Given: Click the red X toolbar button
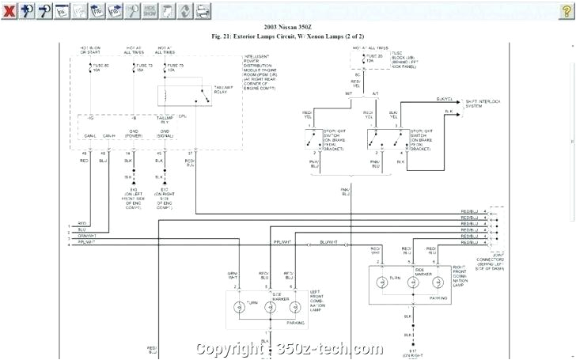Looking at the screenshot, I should (9, 11).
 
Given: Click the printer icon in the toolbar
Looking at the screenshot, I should (203, 11).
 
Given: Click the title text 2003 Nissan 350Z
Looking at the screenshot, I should (287, 27).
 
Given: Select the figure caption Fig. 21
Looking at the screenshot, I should (287, 36).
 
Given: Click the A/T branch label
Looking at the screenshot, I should (375, 93).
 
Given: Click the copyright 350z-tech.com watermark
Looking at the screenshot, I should (289, 349).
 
